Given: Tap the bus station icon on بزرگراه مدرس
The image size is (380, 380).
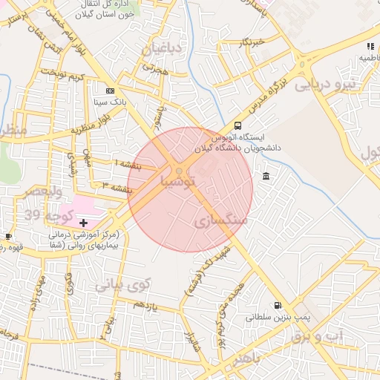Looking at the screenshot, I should tap(237, 126).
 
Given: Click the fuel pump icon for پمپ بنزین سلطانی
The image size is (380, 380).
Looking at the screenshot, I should tap(278, 304).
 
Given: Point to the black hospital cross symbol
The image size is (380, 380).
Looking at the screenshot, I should tap(83, 223).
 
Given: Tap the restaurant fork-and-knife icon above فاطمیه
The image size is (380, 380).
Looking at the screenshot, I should tap(370, 46).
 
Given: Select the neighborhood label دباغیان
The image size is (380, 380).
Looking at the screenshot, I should tap(161, 49).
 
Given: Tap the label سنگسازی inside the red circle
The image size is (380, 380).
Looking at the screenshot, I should tap(220, 222).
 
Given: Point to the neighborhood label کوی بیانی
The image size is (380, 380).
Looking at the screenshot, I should tap(122, 284).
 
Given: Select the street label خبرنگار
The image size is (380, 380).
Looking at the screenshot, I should tap(252, 42).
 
